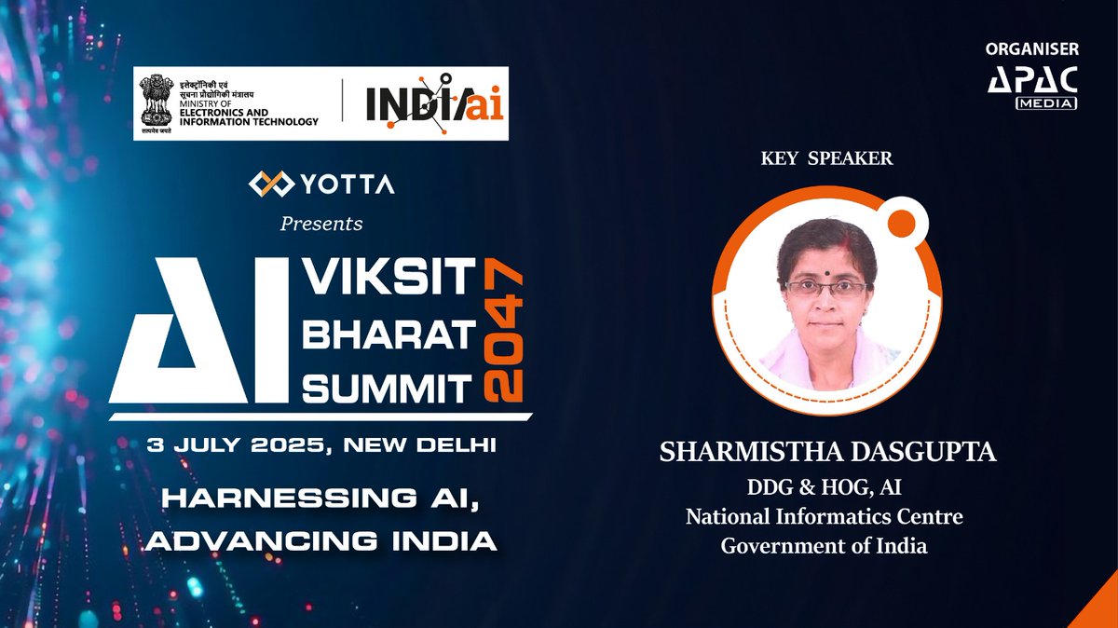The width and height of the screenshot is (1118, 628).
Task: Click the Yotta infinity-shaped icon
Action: (270, 184)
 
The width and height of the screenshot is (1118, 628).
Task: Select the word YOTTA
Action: (347, 185)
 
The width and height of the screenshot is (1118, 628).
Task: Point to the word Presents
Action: (321, 224)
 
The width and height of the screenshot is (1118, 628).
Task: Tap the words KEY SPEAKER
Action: (825, 158)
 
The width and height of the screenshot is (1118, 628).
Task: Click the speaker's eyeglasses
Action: (826, 288)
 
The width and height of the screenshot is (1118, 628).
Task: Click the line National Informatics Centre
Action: (825, 515)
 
